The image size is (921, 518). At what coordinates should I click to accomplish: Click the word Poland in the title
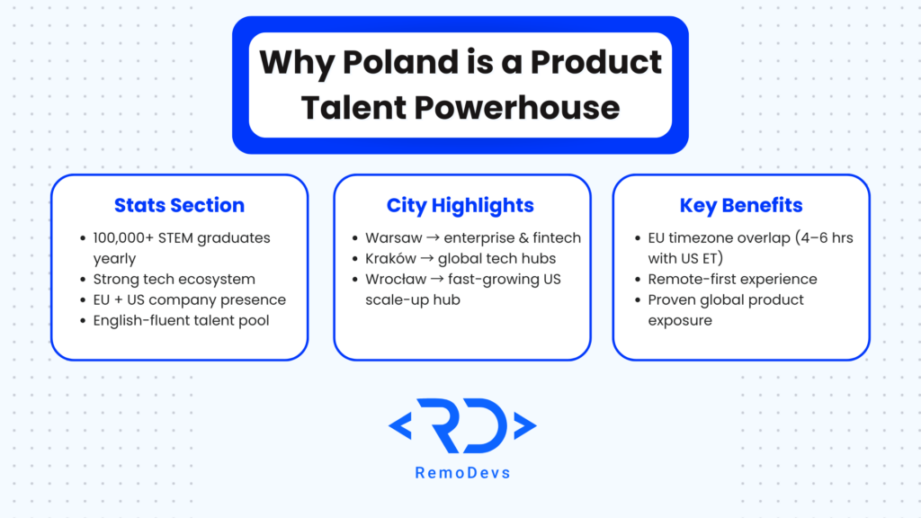click(x=400, y=62)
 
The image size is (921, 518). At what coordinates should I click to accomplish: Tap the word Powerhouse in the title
click(x=517, y=108)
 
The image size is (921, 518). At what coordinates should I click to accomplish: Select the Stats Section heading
click(x=179, y=205)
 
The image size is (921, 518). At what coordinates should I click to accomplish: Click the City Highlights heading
click(x=460, y=205)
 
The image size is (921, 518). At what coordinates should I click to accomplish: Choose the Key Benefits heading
click(x=741, y=205)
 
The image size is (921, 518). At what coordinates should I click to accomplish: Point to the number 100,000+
click(x=123, y=237)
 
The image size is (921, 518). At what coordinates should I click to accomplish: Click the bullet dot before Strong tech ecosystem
click(x=83, y=280)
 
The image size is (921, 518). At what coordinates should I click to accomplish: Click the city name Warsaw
click(x=394, y=237)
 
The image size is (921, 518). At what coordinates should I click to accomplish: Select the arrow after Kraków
click(x=427, y=258)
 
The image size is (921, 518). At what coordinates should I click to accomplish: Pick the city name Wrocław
click(x=396, y=279)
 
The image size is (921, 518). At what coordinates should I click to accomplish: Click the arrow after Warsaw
click(x=433, y=237)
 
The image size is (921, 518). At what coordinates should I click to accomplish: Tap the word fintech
click(x=557, y=237)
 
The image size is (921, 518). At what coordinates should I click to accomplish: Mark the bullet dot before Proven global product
click(x=638, y=300)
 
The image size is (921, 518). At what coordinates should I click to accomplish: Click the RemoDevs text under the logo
click(x=463, y=473)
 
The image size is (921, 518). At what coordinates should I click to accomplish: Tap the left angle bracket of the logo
click(x=400, y=425)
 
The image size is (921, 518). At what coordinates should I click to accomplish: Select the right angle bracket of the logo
click(x=525, y=425)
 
